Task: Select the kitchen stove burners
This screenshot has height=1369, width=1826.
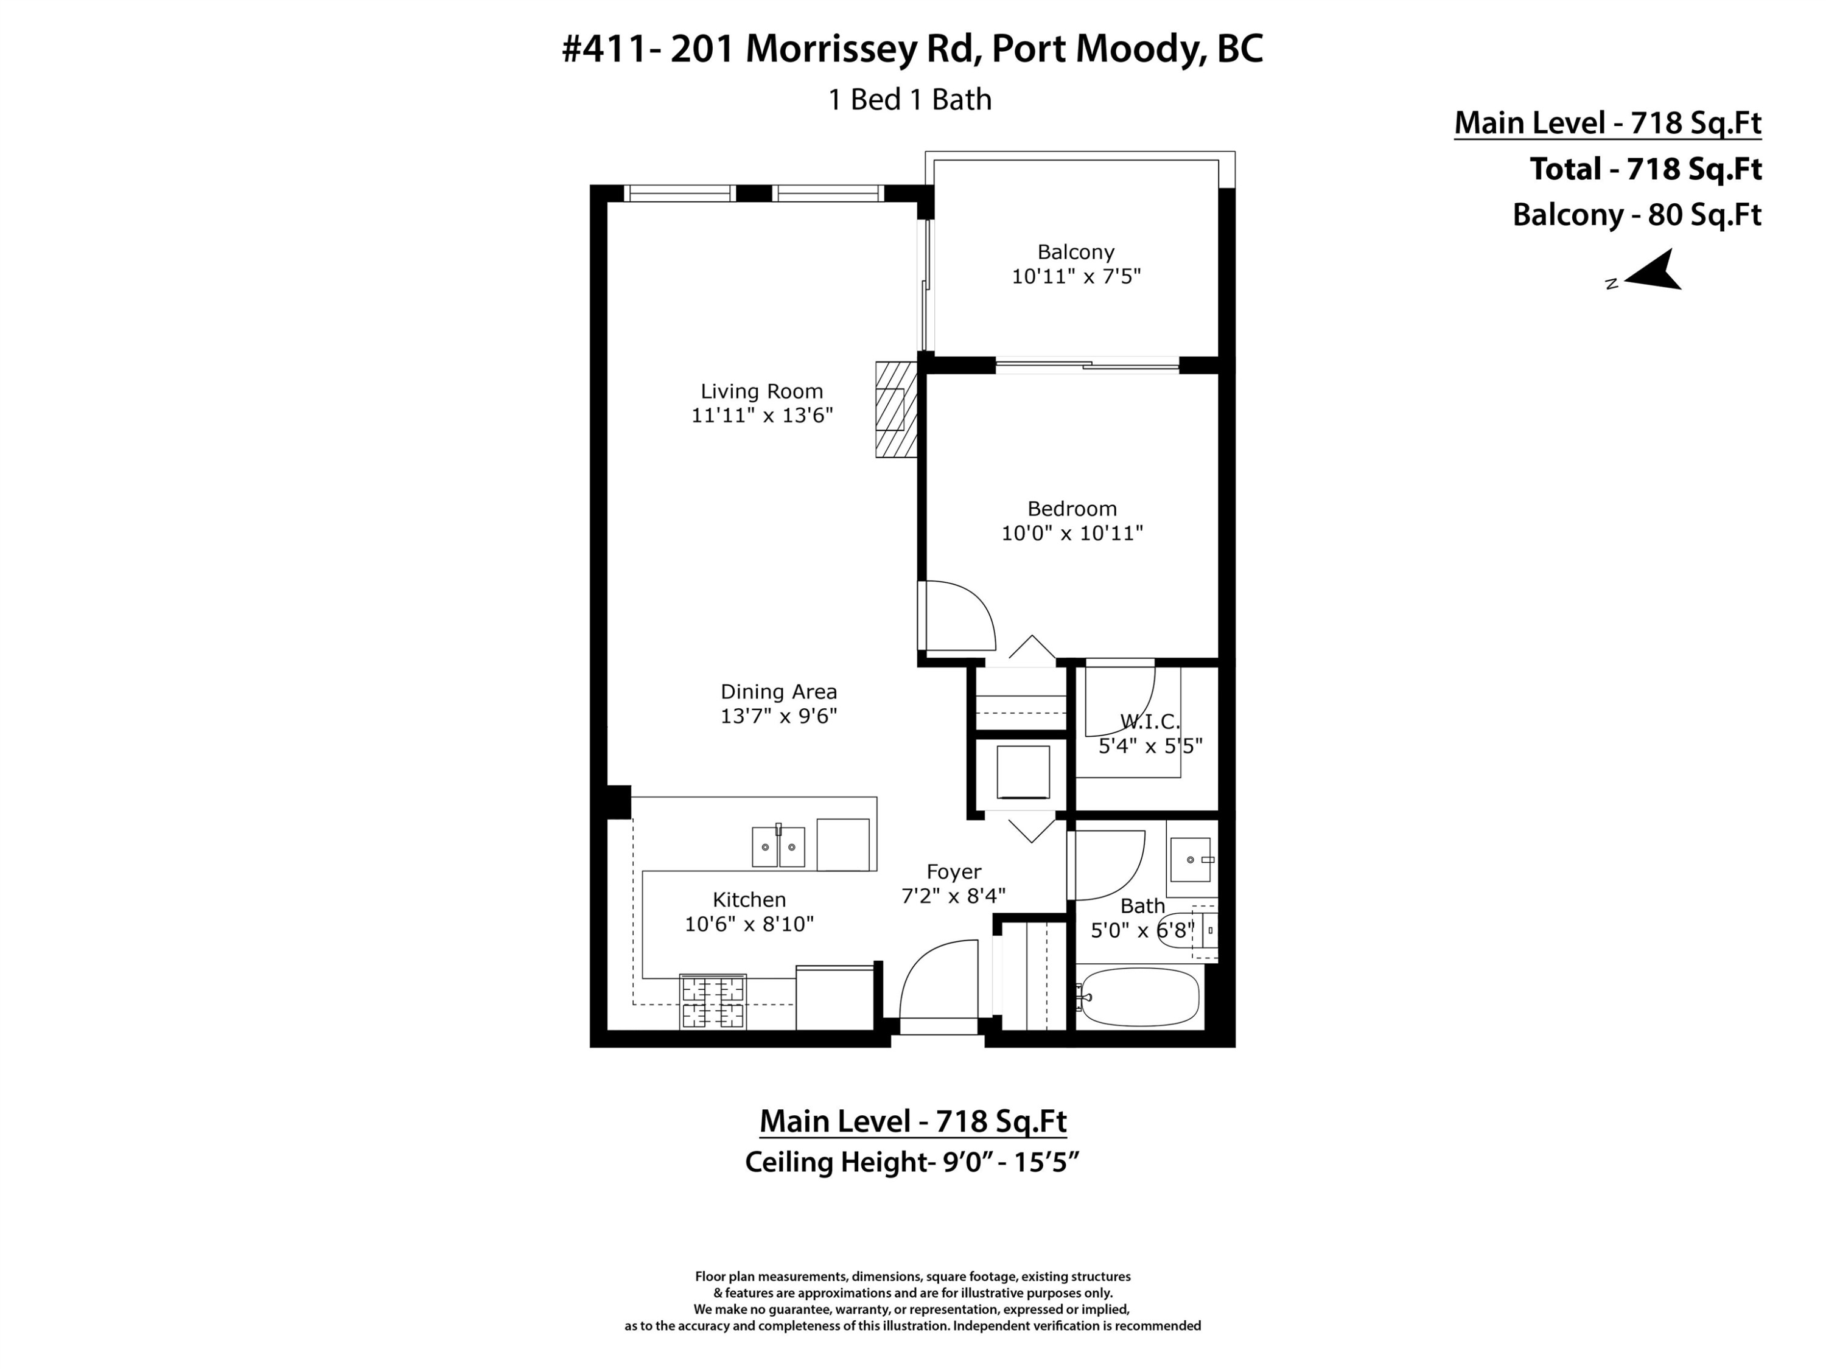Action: [x=712, y=1001]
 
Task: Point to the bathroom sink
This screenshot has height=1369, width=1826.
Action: [x=1191, y=860]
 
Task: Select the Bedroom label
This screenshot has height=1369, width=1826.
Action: [x=1071, y=508]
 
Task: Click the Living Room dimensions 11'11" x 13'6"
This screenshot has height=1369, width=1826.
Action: [x=762, y=415]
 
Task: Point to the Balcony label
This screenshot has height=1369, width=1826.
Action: [x=1076, y=252]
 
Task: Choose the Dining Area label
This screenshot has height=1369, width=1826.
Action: [x=778, y=692]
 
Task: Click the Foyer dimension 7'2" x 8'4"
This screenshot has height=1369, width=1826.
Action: [x=953, y=896]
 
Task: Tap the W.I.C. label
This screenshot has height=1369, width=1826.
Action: [x=1149, y=722]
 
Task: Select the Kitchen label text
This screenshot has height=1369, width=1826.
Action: [x=749, y=899]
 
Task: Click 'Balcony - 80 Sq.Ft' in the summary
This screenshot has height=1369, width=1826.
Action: [x=1637, y=215]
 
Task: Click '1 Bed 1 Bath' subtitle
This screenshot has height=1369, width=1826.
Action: [x=910, y=100]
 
